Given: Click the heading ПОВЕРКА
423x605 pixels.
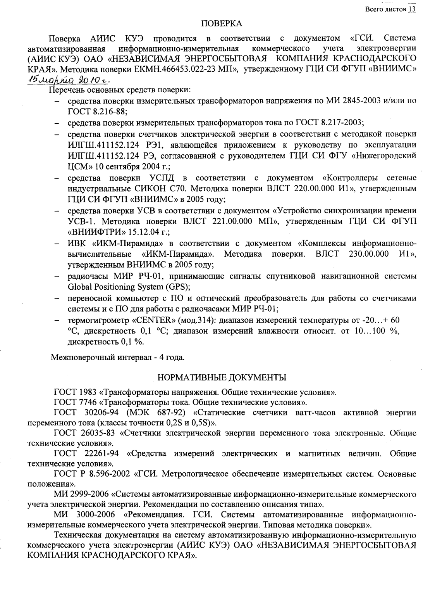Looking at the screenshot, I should (222, 24).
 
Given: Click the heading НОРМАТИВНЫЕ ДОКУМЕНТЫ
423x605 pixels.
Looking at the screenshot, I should (222, 377).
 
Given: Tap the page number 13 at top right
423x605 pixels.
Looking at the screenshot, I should (411, 9).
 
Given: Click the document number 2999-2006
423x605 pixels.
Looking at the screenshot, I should (89, 495).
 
